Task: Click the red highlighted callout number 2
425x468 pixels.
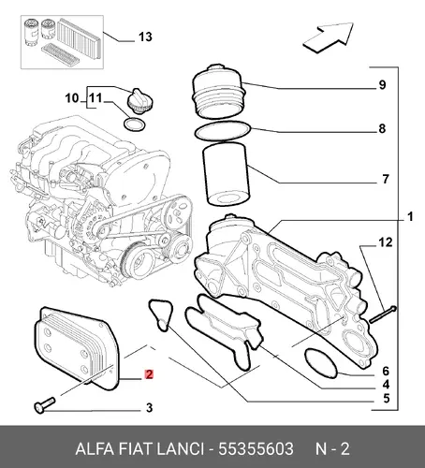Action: pyautogui.click(x=149, y=374)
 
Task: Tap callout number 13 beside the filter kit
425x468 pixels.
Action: pyautogui.click(x=145, y=37)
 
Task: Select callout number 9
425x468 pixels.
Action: pyautogui.click(x=382, y=85)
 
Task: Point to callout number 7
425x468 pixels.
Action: pyautogui.click(x=386, y=179)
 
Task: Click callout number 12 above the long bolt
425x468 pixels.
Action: pyautogui.click(x=386, y=242)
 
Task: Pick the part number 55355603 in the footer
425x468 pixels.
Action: pyautogui.click(x=256, y=449)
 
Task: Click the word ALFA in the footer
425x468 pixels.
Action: pyautogui.click(x=95, y=449)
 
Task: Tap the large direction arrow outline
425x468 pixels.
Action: pyautogui.click(x=329, y=37)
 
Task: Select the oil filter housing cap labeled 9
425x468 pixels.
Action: pyautogui.click(x=217, y=91)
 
